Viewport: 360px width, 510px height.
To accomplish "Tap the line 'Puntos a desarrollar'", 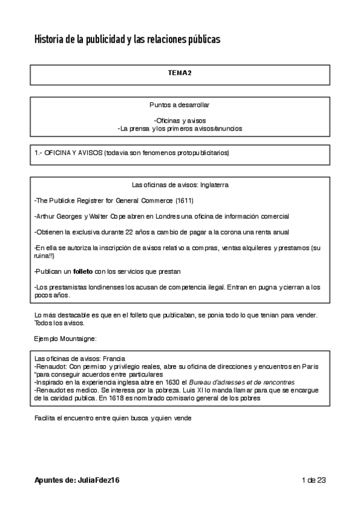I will coord(180,104).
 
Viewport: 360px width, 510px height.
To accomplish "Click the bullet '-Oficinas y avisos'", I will coord(180,120).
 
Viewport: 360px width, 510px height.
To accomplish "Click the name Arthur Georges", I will coord(59,216).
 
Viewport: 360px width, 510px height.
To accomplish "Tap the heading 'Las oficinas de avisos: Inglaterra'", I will coord(180,185).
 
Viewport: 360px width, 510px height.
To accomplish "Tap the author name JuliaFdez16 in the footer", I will coord(102,480).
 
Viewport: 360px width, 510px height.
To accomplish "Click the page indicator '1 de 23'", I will coord(314,480).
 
